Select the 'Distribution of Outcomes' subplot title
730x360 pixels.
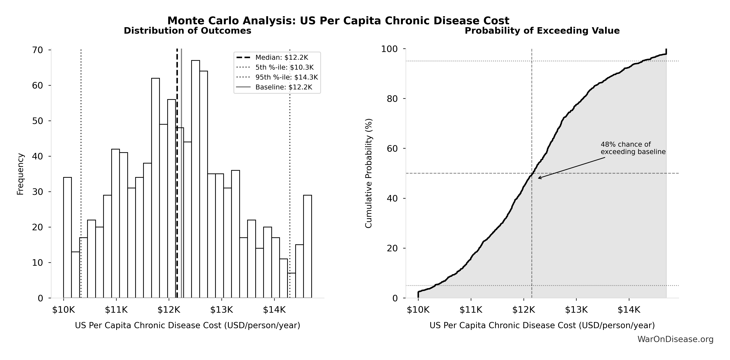click(187, 31)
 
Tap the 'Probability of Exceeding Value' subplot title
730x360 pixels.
click(542, 31)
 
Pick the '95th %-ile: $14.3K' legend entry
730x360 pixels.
click(286, 77)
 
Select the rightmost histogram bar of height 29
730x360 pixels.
click(307, 246)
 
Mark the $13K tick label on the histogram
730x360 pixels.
click(221, 310)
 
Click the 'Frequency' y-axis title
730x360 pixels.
click(20, 174)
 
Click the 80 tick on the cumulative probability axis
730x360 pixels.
click(392, 99)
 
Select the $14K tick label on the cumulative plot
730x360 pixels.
click(629, 310)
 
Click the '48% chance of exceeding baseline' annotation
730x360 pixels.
click(633, 148)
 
